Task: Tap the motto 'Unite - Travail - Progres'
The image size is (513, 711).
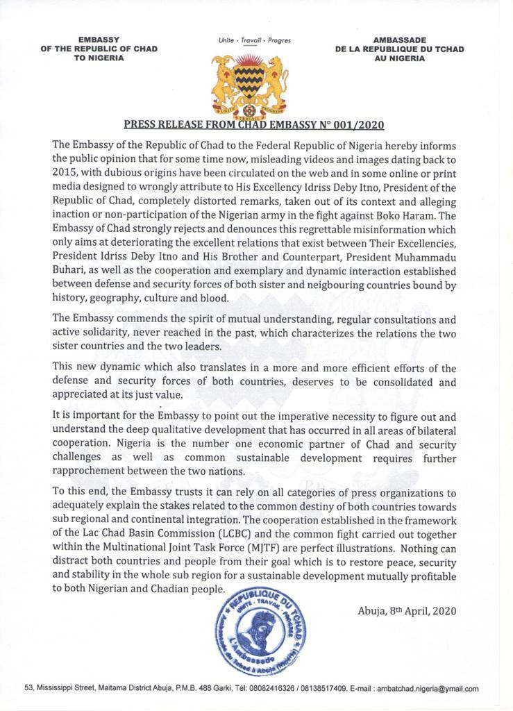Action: [254, 41]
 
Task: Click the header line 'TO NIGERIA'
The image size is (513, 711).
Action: [99, 58]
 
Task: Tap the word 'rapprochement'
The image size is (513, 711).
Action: [94, 471]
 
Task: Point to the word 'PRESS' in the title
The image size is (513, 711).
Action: [140, 126]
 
